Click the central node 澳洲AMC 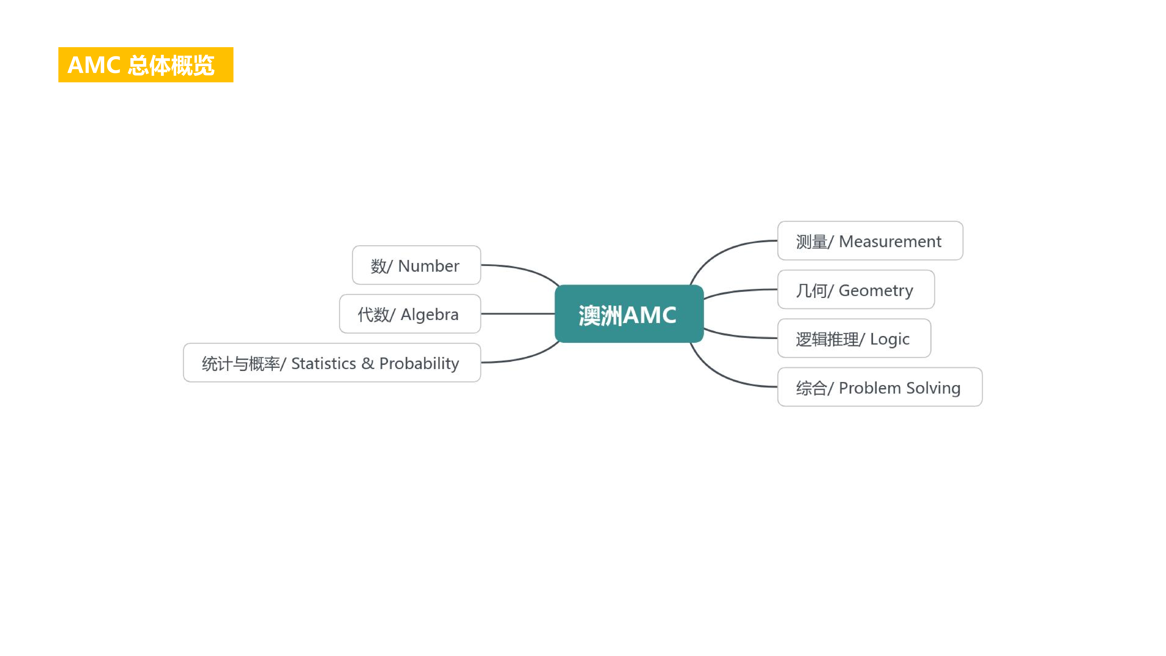pyautogui.click(x=628, y=314)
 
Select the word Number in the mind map pyautogui.click(x=428, y=266)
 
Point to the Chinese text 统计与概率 pyautogui.click(x=241, y=363)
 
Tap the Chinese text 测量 pyautogui.click(x=811, y=241)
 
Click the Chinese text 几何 pyautogui.click(x=811, y=290)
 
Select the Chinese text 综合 pyautogui.click(x=811, y=388)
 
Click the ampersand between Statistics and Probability pyautogui.click(x=368, y=363)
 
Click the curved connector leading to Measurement pyautogui.click(x=724, y=250)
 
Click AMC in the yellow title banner pyautogui.click(x=94, y=65)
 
